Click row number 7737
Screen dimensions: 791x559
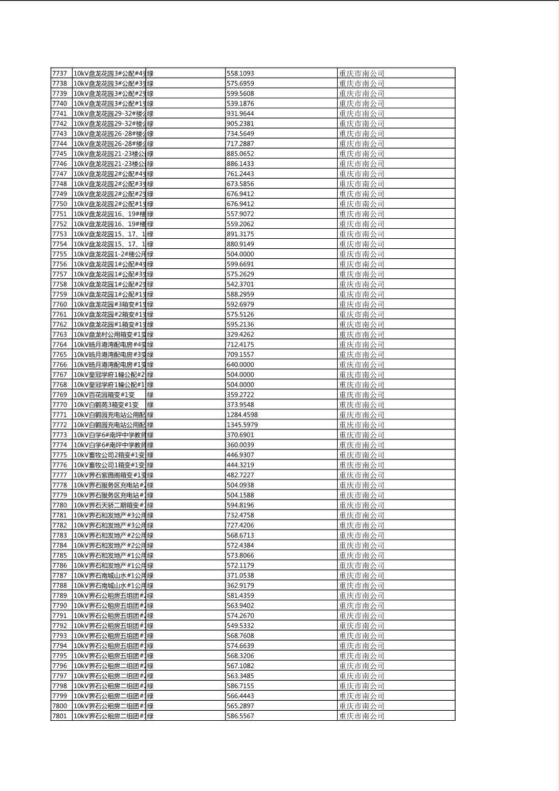tap(60, 73)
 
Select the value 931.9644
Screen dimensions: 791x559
tap(241, 113)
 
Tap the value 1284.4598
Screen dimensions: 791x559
tap(242, 415)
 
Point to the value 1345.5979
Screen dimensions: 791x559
tap(242, 425)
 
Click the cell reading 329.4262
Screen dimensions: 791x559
tap(240, 335)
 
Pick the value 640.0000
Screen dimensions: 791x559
tap(240, 365)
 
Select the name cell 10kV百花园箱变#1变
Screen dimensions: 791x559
tap(105, 395)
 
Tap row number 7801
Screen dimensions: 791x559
tap(60, 716)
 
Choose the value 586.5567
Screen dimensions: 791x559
tap(240, 716)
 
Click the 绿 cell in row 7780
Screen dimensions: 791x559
tap(150, 505)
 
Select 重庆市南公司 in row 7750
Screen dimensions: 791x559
tap(362, 204)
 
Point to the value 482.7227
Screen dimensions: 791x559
tap(240, 475)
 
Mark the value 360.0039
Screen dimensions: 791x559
tap(240, 445)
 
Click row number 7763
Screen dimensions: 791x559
tap(60, 335)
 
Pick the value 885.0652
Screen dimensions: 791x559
tap(240, 154)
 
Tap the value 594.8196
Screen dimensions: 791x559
tap(240, 505)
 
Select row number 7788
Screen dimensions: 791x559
tap(60, 585)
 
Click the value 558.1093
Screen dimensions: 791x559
tap(240, 73)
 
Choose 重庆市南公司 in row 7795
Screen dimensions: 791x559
tap(362, 656)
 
